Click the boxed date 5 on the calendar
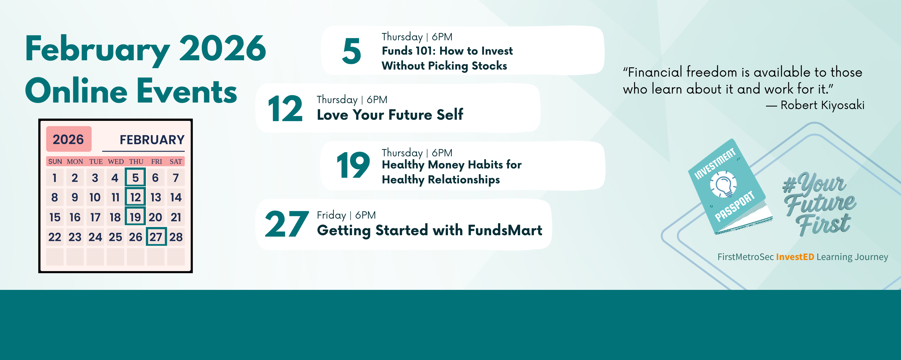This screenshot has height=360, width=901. coord(135,177)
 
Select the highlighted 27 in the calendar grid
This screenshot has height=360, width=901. coord(156,237)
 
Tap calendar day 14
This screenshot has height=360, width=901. coord(176,197)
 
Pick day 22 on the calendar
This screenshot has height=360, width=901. coord(55,237)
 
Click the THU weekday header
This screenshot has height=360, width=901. coord(136,162)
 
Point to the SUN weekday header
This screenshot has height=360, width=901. coord(55,162)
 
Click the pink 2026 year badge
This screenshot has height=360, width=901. coord(68,139)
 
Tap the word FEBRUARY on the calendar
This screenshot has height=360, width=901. coord(152,140)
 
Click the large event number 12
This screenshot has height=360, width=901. coord(285,109)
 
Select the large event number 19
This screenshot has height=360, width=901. coord(353,165)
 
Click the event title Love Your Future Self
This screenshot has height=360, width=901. coord(390,115)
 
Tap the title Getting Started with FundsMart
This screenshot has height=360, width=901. coord(429,230)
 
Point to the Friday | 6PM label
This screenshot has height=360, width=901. coord(346,215)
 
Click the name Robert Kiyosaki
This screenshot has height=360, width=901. coord(822,105)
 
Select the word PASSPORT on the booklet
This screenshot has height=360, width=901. coord(735,206)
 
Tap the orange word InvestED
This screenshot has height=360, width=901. coord(795,257)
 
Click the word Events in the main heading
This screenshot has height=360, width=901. coord(187,91)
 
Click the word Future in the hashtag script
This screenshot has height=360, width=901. coord(820,205)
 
